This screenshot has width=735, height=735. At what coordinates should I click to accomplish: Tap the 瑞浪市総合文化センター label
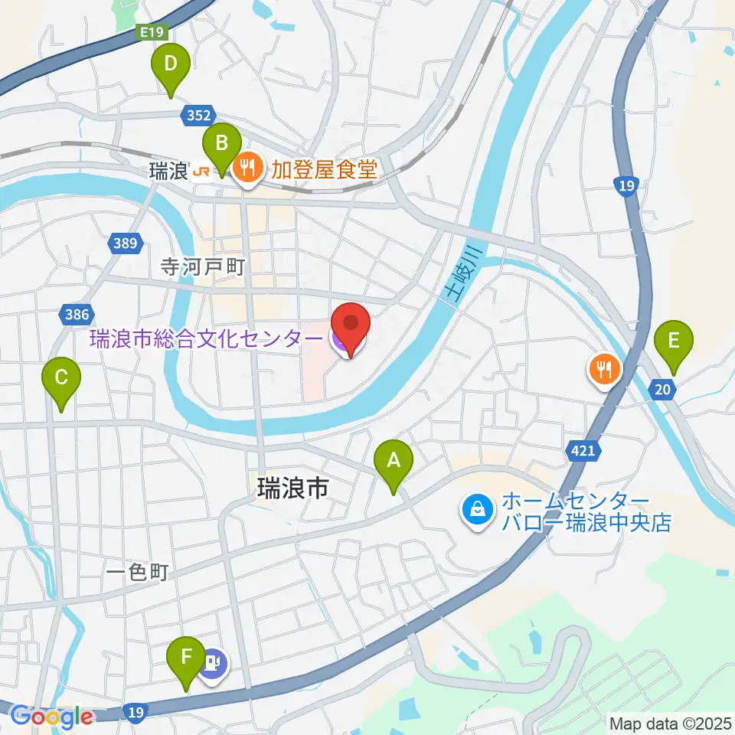point(206,338)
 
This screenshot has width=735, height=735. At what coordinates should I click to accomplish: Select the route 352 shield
point(198,116)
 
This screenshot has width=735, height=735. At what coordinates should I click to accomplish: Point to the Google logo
point(52,717)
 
